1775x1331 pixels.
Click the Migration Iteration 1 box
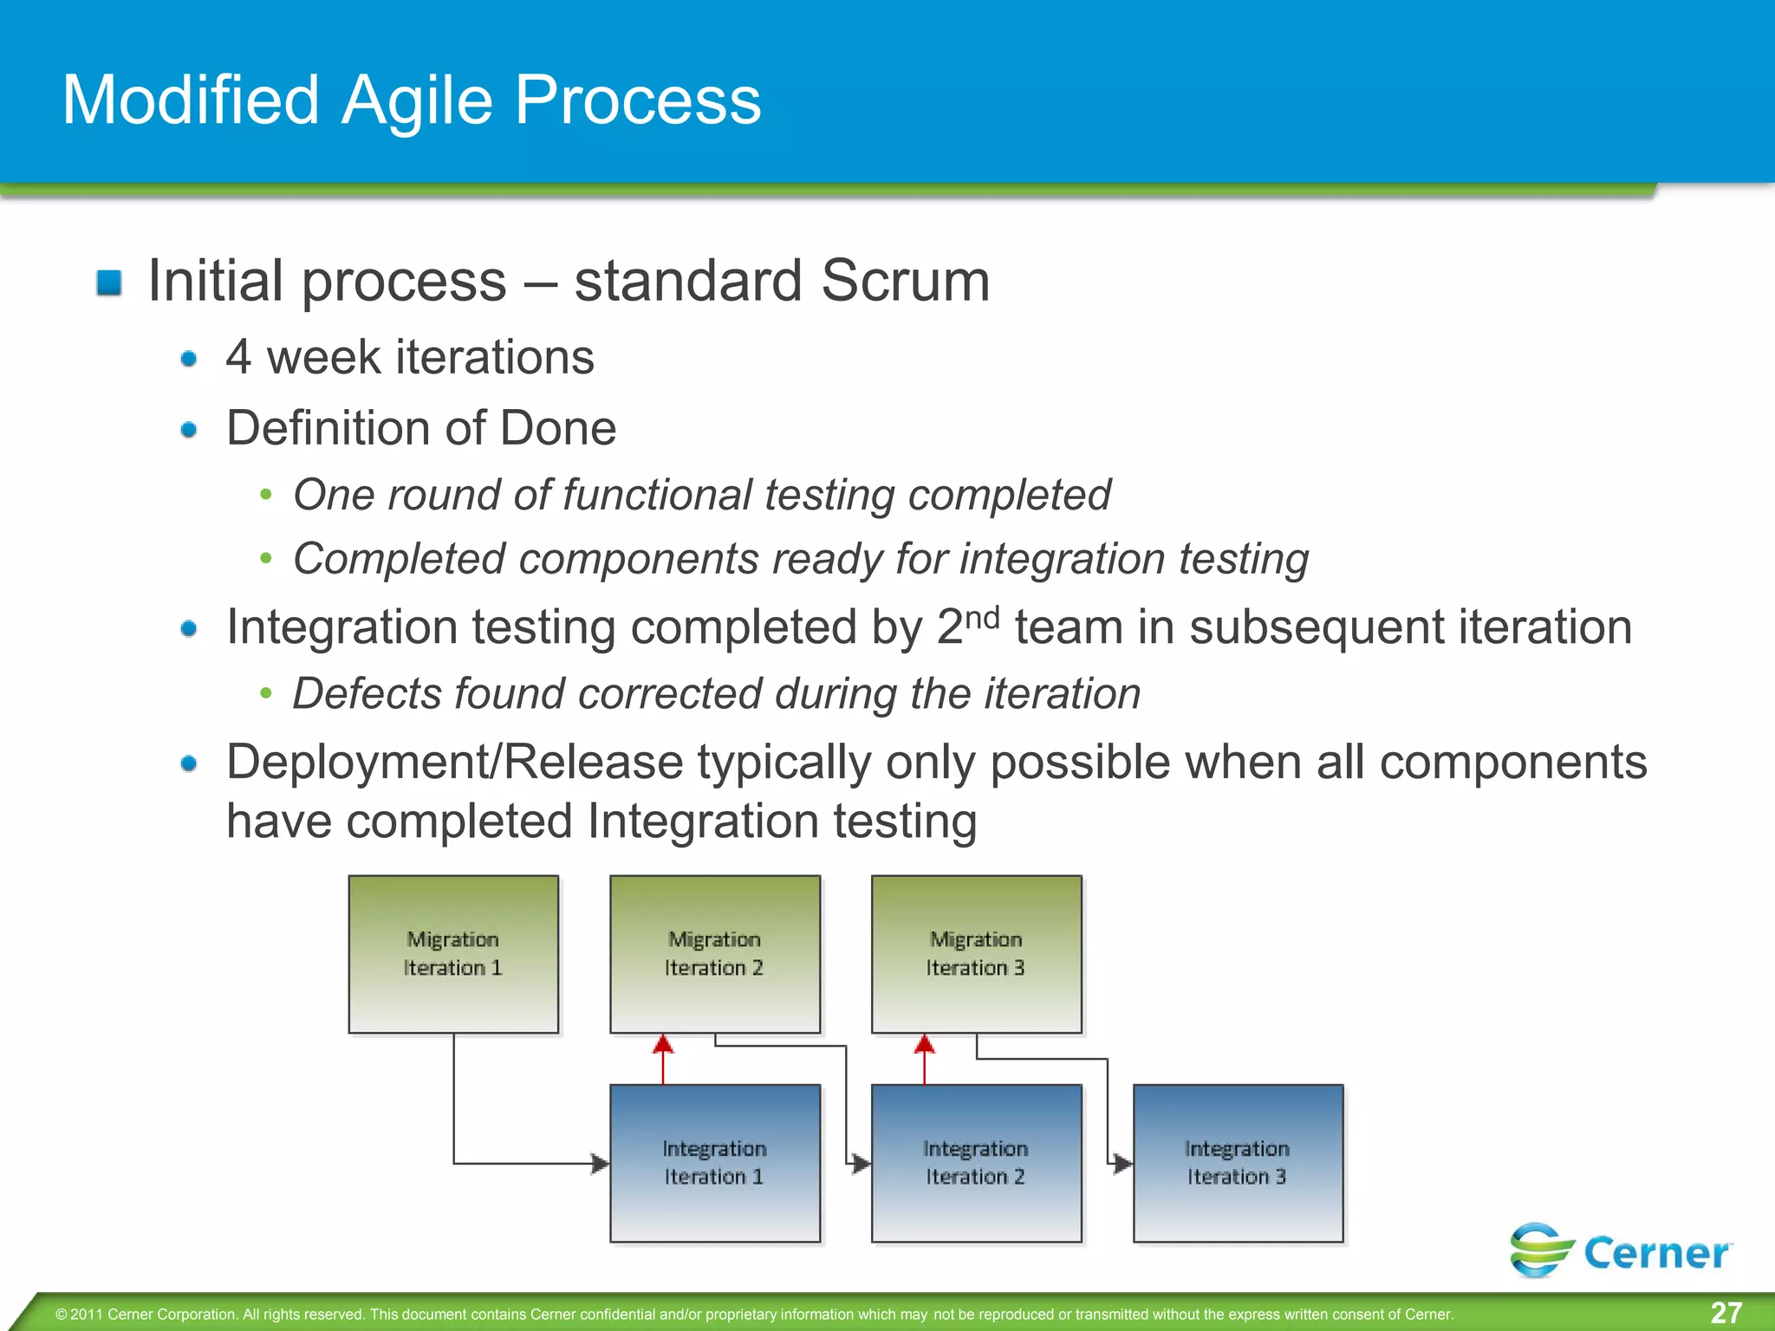click(453, 953)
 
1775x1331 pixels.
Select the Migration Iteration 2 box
click(715, 953)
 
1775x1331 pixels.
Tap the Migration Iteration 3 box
click(977, 953)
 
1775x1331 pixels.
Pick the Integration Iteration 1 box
click(715, 1163)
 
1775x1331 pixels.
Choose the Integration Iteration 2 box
click(977, 1163)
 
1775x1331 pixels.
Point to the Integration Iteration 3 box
click(1239, 1163)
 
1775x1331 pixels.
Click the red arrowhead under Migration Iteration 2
click(663, 1043)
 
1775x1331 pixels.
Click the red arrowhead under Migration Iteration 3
click(925, 1043)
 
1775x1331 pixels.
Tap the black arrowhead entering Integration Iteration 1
click(601, 1163)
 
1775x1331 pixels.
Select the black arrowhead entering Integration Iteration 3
click(1123, 1163)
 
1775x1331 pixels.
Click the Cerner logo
click(1621, 1250)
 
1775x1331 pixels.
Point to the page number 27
click(1726, 1313)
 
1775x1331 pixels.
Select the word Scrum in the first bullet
click(905, 281)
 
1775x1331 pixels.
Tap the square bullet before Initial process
click(109, 282)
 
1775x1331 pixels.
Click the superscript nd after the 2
click(983, 617)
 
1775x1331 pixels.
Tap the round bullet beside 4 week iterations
click(189, 359)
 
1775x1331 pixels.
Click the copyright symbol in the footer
click(62, 1315)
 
